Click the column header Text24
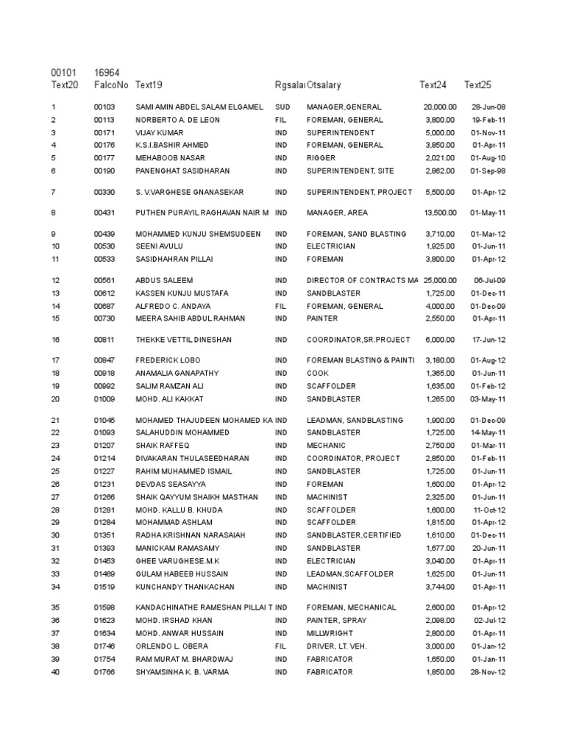[433, 85]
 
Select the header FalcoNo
[110, 85]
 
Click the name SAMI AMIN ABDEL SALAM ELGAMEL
[199, 107]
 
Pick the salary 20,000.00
[440, 107]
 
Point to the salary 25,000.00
[440, 280]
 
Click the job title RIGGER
[321, 158]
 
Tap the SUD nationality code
[282, 107]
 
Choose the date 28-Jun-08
[488, 107]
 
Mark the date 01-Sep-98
[488, 171]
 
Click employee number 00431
[105, 213]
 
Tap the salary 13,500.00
[440, 213]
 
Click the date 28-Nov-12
[488, 672]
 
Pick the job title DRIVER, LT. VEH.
[336, 646]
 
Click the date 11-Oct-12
[489, 510]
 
